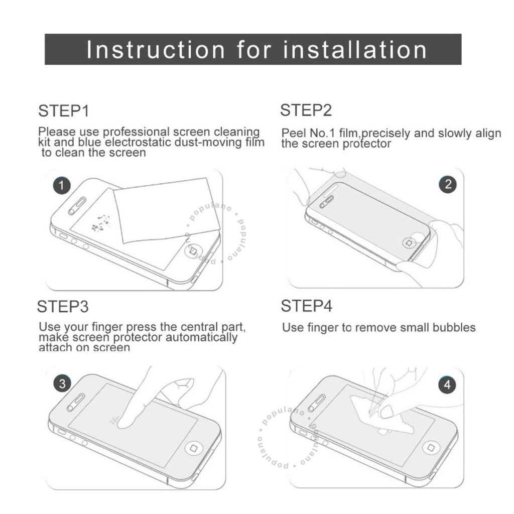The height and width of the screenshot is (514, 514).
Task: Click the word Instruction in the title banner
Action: [x=156, y=50]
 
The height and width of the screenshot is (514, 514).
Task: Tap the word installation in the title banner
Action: [x=355, y=50]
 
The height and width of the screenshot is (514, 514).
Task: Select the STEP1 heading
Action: [x=64, y=111]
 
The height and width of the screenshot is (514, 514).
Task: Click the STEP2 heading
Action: [x=306, y=110]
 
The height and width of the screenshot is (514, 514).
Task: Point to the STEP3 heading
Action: [x=63, y=307]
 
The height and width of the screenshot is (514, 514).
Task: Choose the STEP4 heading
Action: [x=307, y=306]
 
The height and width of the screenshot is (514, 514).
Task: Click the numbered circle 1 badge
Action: [x=62, y=186]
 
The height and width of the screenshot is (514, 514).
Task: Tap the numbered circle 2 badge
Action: [x=448, y=184]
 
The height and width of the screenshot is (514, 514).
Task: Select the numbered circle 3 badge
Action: [x=62, y=383]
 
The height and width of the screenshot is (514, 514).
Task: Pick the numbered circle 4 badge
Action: [x=447, y=384]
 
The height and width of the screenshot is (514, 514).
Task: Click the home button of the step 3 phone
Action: [x=194, y=448]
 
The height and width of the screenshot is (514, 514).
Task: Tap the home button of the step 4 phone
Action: [x=430, y=447]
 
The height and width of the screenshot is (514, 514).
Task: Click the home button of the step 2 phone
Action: [x=409, y=243]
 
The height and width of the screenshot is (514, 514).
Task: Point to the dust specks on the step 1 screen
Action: [x=100, y=222]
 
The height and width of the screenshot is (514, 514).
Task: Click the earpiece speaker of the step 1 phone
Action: [x=77, y=206]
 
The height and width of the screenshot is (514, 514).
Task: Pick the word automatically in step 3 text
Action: [x=201, y=337]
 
